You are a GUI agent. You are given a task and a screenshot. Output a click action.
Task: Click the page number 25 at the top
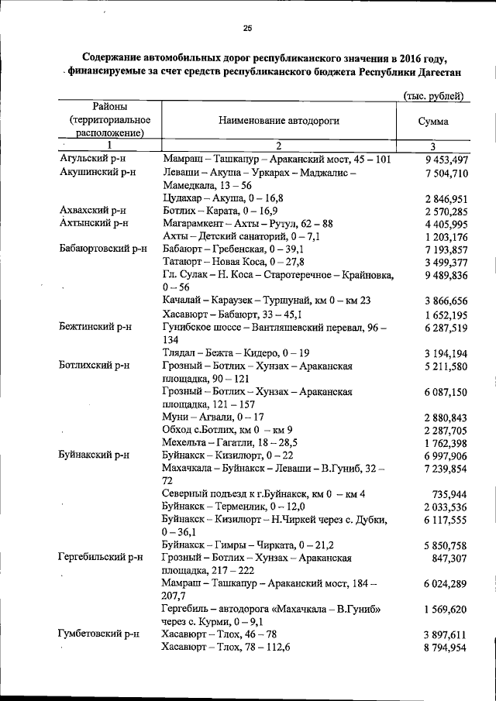click(x=248, y=29)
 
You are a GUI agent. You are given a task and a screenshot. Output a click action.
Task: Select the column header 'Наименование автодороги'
click(x=278, y=121)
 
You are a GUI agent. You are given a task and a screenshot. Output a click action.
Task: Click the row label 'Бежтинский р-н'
click(x=95, y=327)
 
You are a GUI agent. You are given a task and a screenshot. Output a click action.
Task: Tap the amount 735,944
click(x=449, y=493)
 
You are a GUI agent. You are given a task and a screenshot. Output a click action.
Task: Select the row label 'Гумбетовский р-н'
click(x=99, y=634)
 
